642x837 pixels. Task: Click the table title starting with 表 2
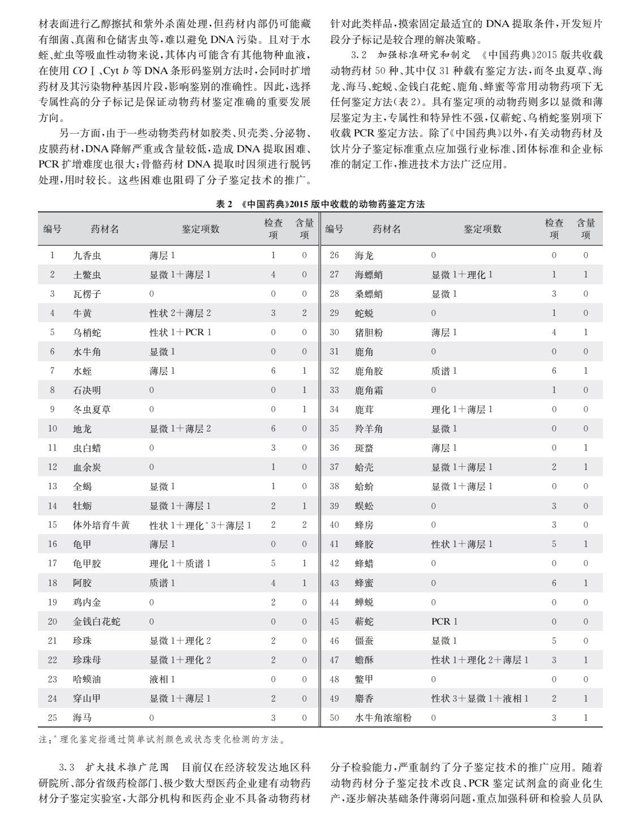point(320,204)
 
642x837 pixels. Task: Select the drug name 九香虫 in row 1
point(87,255)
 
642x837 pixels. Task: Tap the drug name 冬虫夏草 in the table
point(92,409)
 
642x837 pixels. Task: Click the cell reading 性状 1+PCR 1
point(180,332)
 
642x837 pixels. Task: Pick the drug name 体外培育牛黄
point(101,525)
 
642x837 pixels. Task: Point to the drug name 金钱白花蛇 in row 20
point(96,621)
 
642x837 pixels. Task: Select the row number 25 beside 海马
point(53,718)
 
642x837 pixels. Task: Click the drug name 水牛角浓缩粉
point(383,718)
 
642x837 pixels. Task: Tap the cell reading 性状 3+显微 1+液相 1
point(480,698)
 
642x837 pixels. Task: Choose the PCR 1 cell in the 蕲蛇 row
point(444,621)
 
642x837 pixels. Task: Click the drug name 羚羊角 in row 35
point(369,429)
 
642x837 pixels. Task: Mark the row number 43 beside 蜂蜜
point(334,583)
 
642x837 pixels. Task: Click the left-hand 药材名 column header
point(105,229)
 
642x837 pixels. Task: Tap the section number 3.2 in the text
point(359,55)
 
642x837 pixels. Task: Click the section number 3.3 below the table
point(67,768)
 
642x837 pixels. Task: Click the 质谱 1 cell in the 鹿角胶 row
point(444,371)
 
